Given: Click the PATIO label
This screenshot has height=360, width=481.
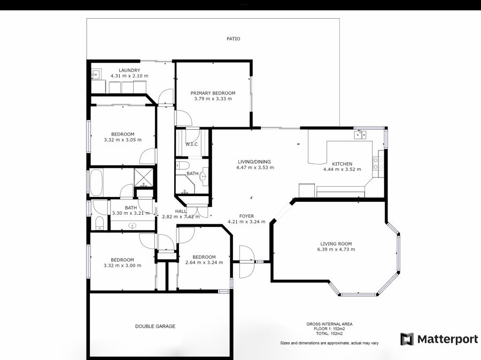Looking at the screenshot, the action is pyautogui.click(x=233, y=38).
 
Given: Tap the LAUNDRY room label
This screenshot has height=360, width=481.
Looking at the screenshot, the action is pyautogui.click(x=129, y=70).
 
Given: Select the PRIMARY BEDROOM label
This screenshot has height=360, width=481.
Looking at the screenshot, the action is pyautogui.click(x=213, y=93).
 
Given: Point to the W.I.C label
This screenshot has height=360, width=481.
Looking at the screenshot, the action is pyautogui.click(x=191, y=144).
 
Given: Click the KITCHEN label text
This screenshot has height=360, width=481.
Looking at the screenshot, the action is pyautogui.click(x=342, y=164).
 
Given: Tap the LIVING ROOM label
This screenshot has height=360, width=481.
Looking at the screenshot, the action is pyautogui.click(x=336, y=244).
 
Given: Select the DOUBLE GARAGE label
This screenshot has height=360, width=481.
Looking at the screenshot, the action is pyautogui.click(x=155, y=326).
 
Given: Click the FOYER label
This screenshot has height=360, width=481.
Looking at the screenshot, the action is pyautogui.click(x=246, y=216).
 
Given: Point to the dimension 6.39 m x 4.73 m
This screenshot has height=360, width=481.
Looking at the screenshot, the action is pyautogui.click(x=336, y=249).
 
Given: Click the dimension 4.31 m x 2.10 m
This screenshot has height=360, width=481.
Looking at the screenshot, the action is pyautogui.click(x=129, y=76).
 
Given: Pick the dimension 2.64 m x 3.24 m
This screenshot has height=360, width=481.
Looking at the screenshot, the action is pyautogui.click(x=204, y=262).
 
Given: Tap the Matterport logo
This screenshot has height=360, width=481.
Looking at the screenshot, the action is pyautogui.click(x=439, y=339).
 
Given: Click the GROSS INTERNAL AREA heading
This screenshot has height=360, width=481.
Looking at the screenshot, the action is pyautogui.click(x=329, y=324).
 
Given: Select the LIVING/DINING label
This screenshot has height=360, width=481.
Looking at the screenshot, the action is pyautogui.click(x=254, y=162).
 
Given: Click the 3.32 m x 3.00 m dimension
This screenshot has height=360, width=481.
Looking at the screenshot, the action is pyautogui.click(x=122, y=265).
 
